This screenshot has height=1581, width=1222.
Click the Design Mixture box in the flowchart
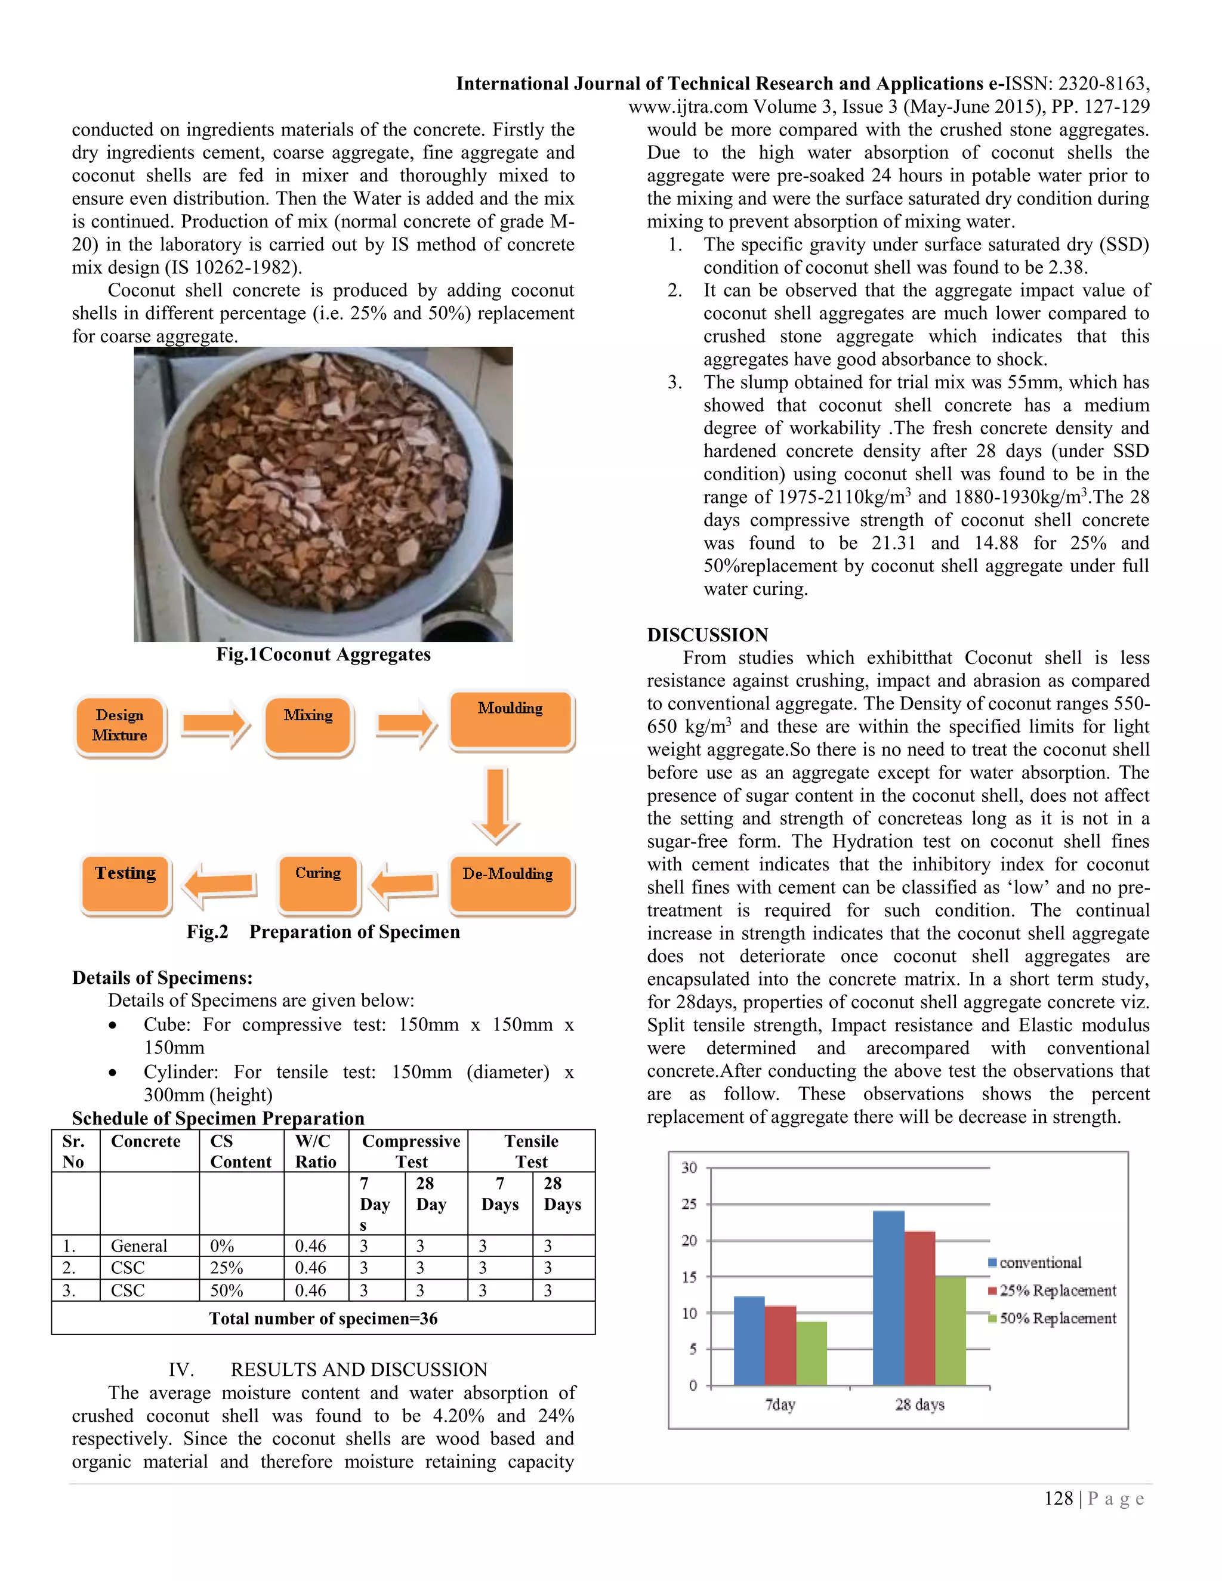click(x=120, y=725)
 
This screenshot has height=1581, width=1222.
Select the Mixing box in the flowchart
click(x=308, y=725)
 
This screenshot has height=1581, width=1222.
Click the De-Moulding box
click(x=510, y=882)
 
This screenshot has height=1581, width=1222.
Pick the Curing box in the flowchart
click(x=318, y=882)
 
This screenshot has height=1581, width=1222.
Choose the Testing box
click(x=125, y=882)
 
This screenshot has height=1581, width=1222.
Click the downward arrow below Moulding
click(x=496, y=805)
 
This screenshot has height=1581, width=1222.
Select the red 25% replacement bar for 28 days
click(x=919, y=1307)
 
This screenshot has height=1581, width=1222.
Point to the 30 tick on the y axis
click(x=689, y=1167)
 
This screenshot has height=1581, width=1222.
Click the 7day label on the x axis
click(x=780, y=1404)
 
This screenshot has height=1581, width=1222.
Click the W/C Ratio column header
click(x=316, y=1151)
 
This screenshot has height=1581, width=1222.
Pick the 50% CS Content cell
click(x=227, y=1290)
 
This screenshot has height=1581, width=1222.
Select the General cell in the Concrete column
click(x=139, y=1245)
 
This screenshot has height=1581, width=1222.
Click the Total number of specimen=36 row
click(x=323, y=1318)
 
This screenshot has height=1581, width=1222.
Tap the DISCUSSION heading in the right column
click(x=707, y=635)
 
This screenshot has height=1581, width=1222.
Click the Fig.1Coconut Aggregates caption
click(x=323, y=654)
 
